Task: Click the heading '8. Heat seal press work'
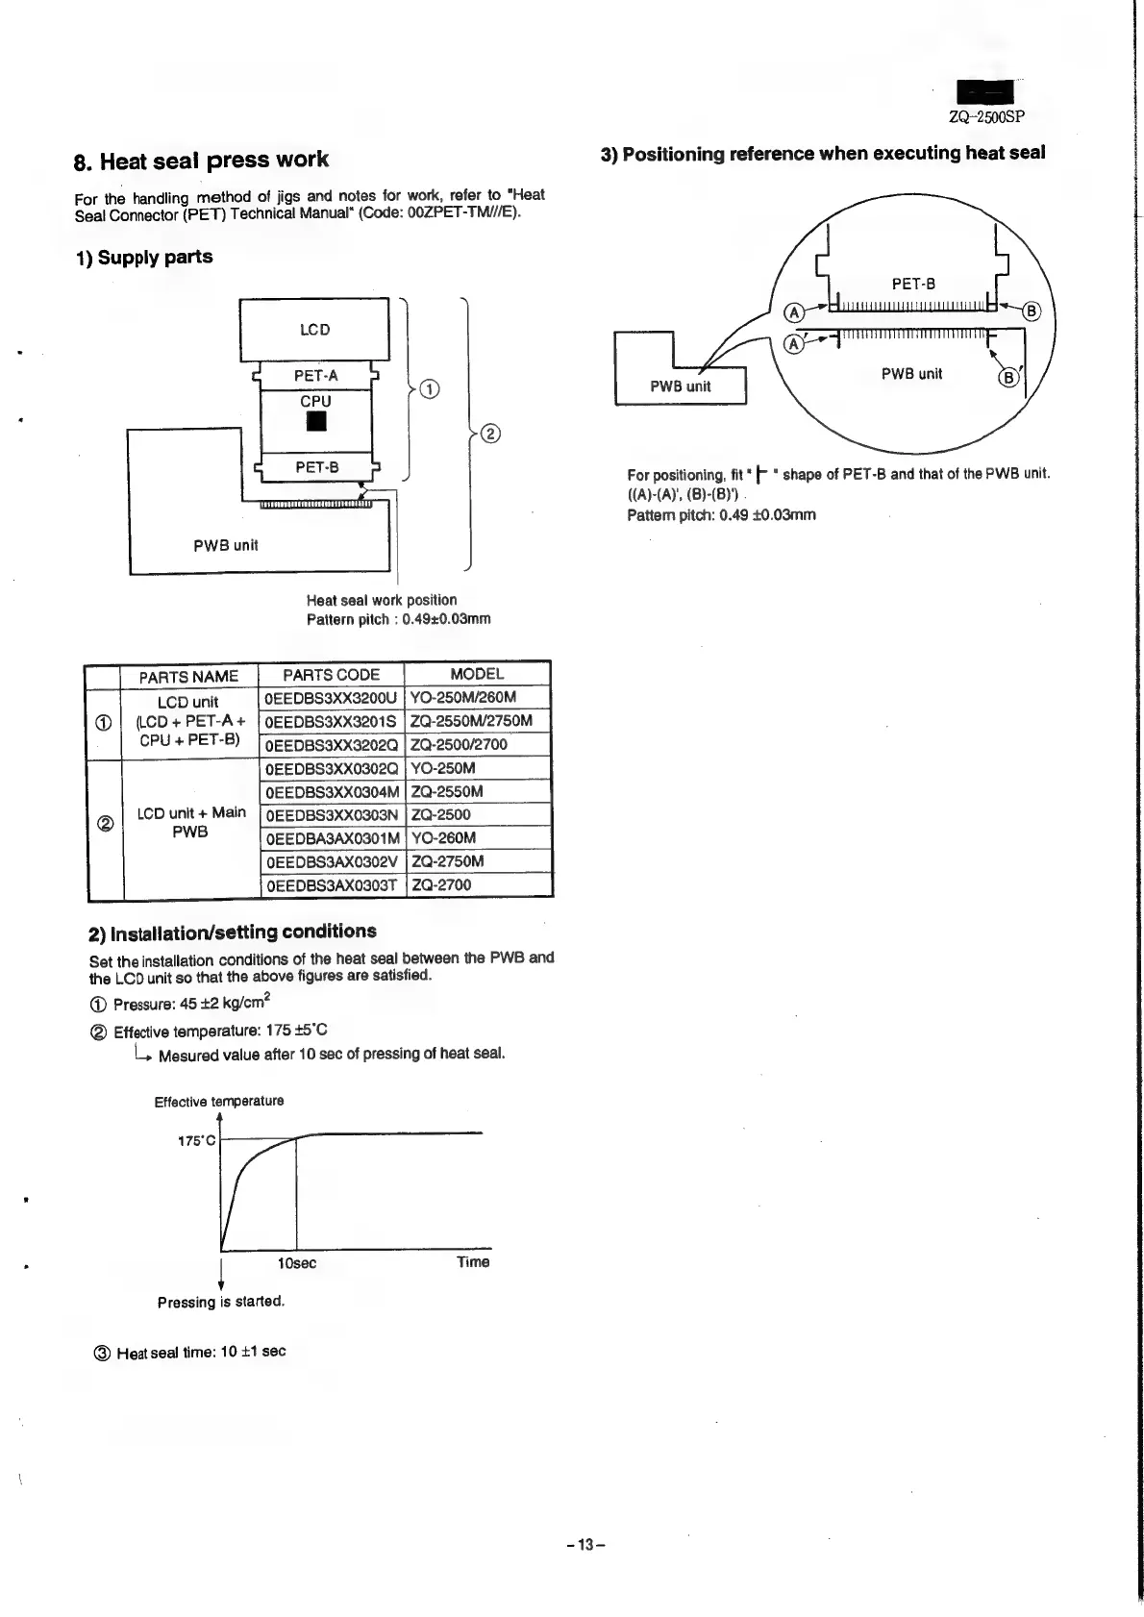click(x=201, y=160)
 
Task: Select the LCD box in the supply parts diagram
click(x=314, y=330)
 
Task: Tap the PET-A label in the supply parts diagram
click(x=315, y=376)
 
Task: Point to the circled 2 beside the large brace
click(x=489, y=434)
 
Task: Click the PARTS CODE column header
click(x=331, y=675)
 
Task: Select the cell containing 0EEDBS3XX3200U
click(x=331, y=698)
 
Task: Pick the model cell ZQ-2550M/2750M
click(x=471, y=721)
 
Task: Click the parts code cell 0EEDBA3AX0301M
click(x=331, y=838)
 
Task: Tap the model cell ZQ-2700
click(x=441, y=885)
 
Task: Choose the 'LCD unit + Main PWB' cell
click(x=190, y=822)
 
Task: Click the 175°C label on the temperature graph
click(x=197, y=1141)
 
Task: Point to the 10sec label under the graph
click(x=296, y=1263)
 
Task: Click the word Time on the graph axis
click(x=473, y=1262)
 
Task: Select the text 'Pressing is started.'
click(x=221, y=1303)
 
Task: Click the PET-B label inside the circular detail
click(x=913, y=285)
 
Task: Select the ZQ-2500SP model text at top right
click(x=986, y=118)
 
